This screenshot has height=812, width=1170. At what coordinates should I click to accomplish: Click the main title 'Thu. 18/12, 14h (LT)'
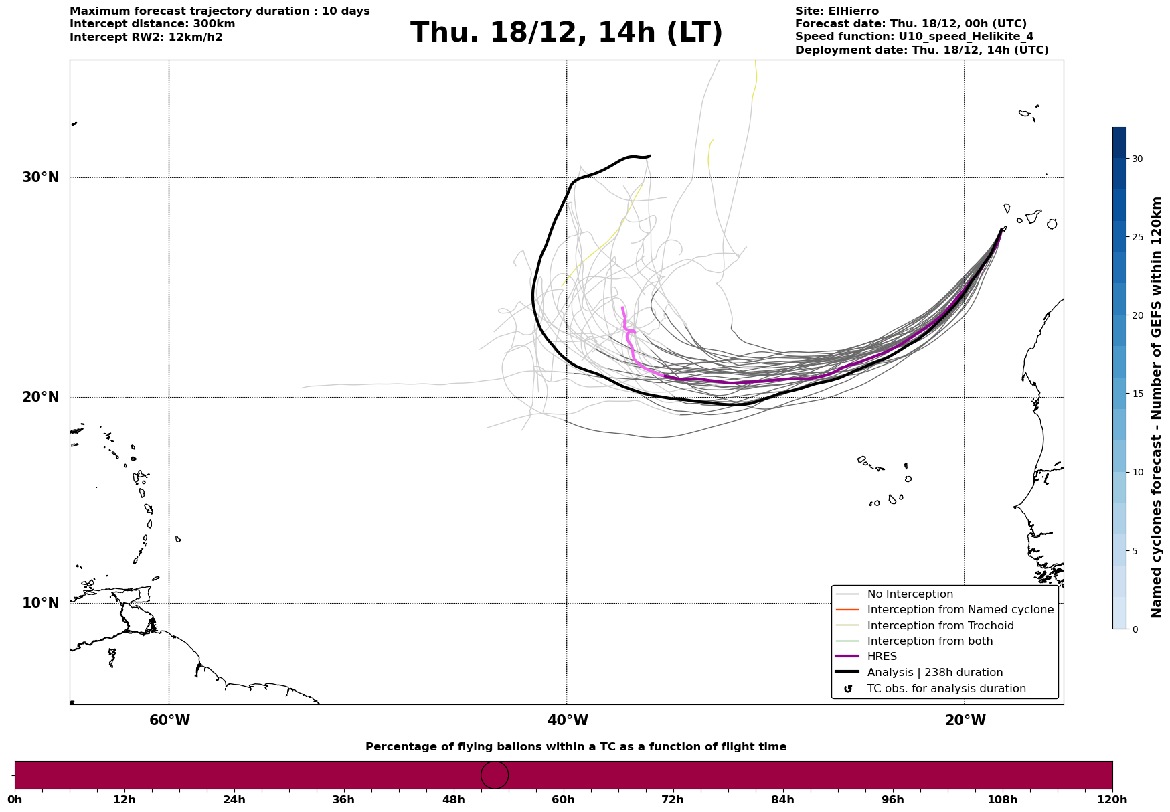point(566,33)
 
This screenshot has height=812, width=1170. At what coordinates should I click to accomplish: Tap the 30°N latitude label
point(40,177)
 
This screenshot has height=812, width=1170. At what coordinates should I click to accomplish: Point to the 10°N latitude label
point(40,603)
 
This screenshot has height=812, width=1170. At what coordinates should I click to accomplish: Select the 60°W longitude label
point(169,720)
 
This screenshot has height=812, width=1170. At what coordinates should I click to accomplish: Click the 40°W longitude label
point(568,720)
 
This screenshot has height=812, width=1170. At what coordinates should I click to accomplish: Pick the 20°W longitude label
point(965,720)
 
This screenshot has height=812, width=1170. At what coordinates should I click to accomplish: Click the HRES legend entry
point(882,657)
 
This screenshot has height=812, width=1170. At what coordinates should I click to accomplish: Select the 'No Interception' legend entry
point(910,594)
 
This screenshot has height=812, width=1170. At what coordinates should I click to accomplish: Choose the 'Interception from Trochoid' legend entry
point(940,626)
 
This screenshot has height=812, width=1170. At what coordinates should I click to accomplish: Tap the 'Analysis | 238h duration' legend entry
point(934,673)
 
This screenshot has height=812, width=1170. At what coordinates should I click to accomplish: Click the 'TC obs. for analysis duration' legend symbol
point(848,689)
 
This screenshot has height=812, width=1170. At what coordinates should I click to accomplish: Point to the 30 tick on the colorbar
point(1137,159)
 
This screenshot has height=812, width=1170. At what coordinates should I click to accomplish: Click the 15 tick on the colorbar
point(1137,394)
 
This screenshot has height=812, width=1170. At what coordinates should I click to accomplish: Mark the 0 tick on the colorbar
point(1134,629)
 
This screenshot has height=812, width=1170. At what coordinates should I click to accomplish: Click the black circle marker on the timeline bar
point(495,775)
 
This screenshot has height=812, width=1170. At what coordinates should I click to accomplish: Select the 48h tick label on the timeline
point(453,800)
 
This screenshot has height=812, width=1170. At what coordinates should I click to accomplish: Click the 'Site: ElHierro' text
point(837,11)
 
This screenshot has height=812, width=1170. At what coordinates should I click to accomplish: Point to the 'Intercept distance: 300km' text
point(152,24)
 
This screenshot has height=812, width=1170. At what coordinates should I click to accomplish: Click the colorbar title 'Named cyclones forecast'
point(1156,407)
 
